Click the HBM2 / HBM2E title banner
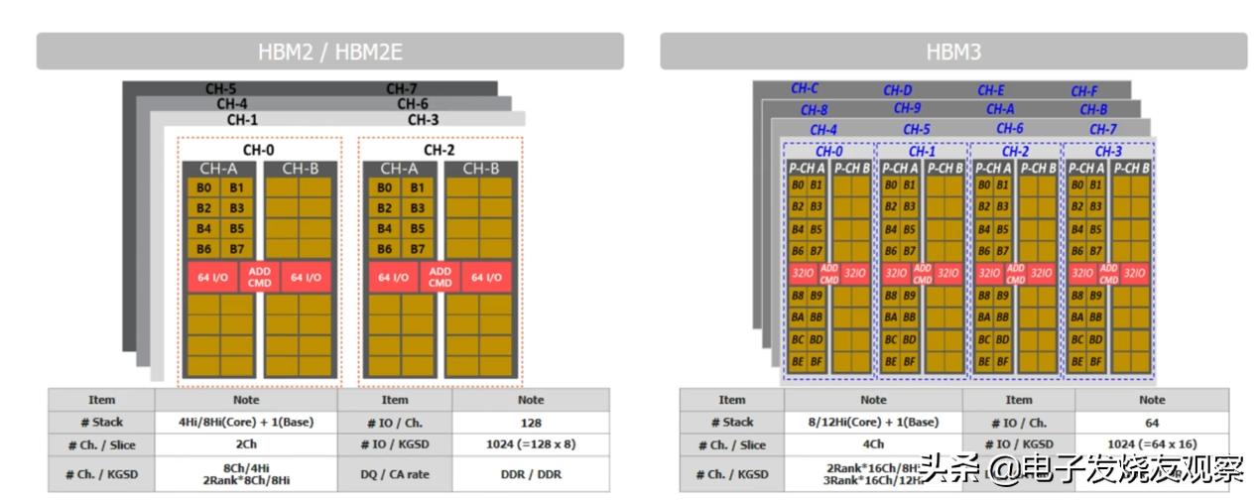click(329, 52)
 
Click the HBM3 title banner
click(952, 52)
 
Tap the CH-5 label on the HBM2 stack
click(220, 89)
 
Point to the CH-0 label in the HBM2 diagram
click(258, 150)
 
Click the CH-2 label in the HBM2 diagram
click(439, 150)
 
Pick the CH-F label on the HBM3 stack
click(1083, 91)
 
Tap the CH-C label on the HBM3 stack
click(805, 89)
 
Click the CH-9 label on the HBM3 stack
click(907, 109)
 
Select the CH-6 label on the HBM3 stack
click(1010, 129)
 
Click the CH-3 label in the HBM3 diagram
click(1108, 152)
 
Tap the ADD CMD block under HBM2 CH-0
click(259, 277)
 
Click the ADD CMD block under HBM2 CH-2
click(440, 277)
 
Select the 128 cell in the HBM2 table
click(530, 423)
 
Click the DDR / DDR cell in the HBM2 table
click(530, 474)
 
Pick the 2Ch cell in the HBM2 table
click(246, 445)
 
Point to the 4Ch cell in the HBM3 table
click(873, 445)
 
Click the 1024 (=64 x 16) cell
click(1151, 445)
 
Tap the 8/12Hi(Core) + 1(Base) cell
click(873, 423)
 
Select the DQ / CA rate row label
click(395, 474)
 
